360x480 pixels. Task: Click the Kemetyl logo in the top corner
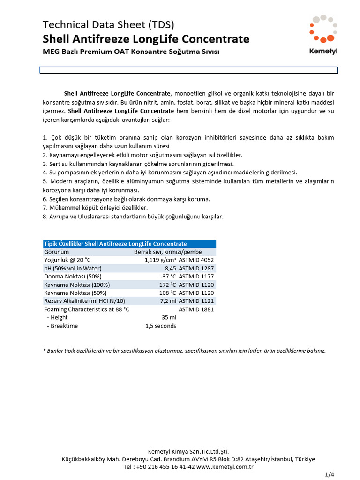click(323, 35)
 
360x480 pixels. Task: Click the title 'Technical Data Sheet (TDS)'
click(108, 25)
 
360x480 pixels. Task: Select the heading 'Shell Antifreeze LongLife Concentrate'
click(146, 39)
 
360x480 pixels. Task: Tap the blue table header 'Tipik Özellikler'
click(115, 244)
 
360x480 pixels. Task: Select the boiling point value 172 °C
click(167, 285)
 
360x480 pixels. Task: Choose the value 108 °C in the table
click(167, 292)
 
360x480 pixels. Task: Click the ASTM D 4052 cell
click(196, 260)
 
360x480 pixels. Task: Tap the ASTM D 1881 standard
click(196, 309)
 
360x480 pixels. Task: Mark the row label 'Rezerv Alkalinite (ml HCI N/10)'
click(84, 301)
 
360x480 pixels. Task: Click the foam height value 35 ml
click(169, 318)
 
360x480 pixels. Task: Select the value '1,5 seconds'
click(161, 326)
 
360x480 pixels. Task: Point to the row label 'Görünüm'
click(56, 252)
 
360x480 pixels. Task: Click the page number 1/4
click(330, 475)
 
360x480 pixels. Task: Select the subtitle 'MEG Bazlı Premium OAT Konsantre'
click(131, 52)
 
